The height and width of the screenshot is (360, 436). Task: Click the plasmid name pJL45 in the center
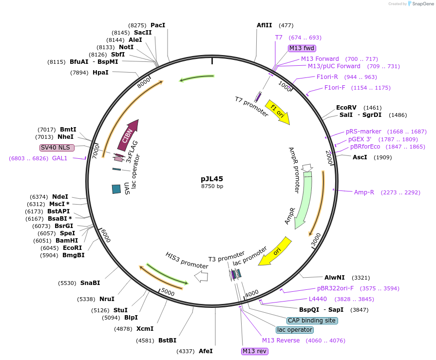[212, 179]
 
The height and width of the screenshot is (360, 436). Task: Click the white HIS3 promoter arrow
[201, 277]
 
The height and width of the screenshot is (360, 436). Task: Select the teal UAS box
[116, 189]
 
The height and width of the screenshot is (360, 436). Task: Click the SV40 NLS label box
[57, 148]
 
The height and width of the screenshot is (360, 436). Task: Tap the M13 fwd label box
[302, 48]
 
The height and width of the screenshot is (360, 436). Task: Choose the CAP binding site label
[312, 321]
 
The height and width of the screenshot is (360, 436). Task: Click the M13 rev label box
[255, 351]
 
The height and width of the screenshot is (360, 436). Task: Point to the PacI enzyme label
[158, 25]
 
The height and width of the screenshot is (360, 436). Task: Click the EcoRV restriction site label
[346, 108]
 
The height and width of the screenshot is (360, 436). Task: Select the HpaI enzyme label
[100, 73]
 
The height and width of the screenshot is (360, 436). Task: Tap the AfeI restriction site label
[206, 351]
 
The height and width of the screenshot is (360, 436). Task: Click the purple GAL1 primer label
[60, 158]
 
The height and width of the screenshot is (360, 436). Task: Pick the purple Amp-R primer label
[364, 192]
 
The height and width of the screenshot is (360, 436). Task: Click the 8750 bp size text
[212, 186]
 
